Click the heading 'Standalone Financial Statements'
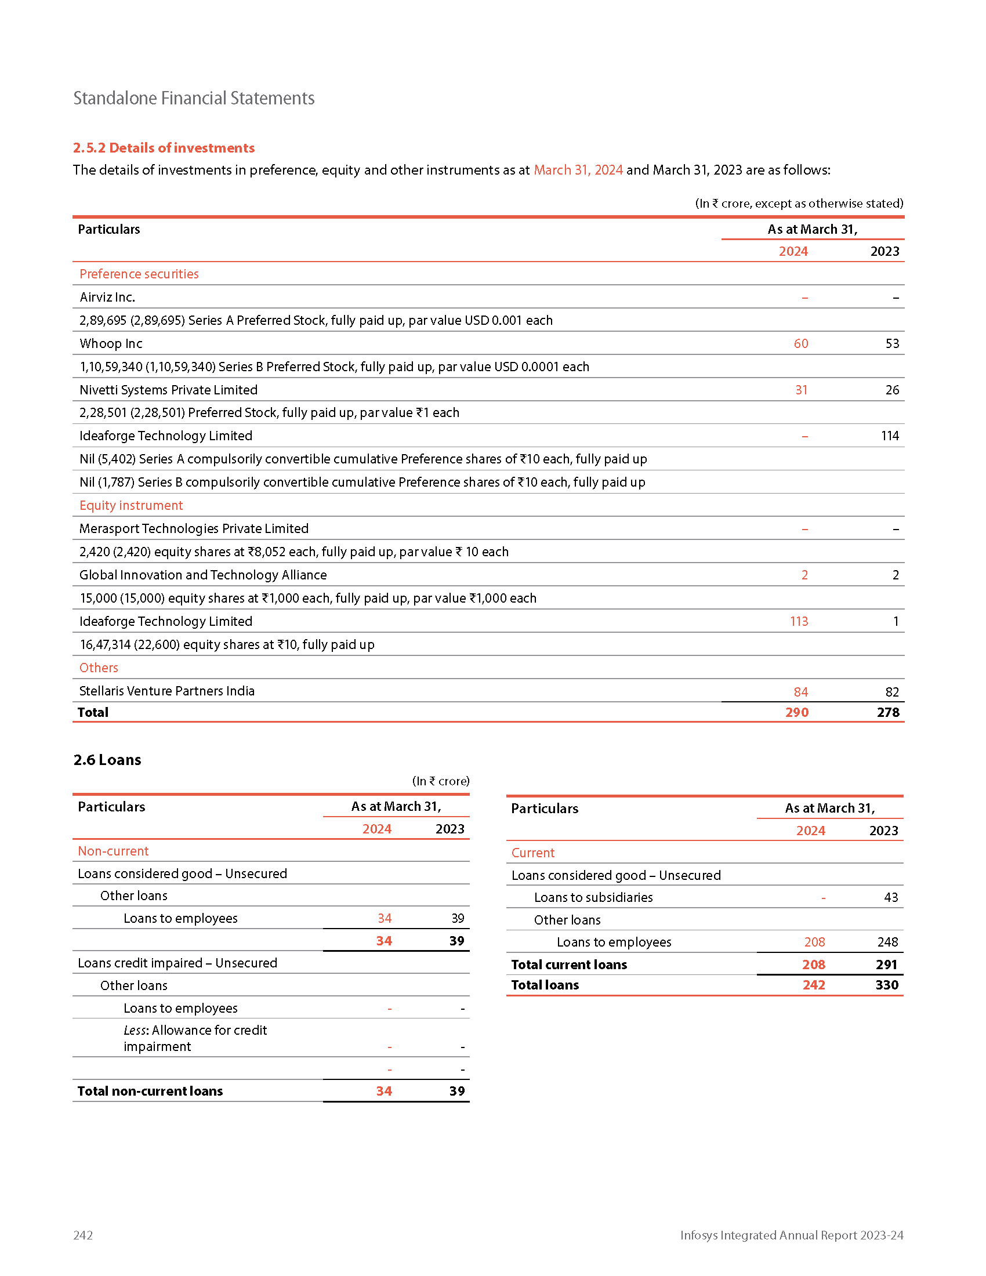[x=193, y=98]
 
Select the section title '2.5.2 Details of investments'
[x=164, y=148]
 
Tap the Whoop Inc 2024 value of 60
[x=800, y=343]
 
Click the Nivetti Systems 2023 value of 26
[x=891, y=390]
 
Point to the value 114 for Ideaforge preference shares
[x=890, y=436]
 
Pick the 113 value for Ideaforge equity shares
[x=799, y=621]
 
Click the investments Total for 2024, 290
[x=796, y=712]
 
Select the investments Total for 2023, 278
[x=887, y=712]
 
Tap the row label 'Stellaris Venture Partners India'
[x=166, y=691]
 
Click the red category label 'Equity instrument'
[x=131, y=505]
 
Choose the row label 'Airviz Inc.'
[x=107, y=298]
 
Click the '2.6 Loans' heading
[x=107, y=760]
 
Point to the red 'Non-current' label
[x=113, y=851]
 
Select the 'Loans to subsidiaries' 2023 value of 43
[x=890, y=897]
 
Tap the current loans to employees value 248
[x=887, y=942]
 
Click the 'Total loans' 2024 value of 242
[x=813, y=985]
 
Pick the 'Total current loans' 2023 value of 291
[x=886, y=965]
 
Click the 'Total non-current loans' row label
[x=150, y=1091]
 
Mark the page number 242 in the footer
[x=83, y=1235]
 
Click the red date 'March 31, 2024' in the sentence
[x=578, y=170]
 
